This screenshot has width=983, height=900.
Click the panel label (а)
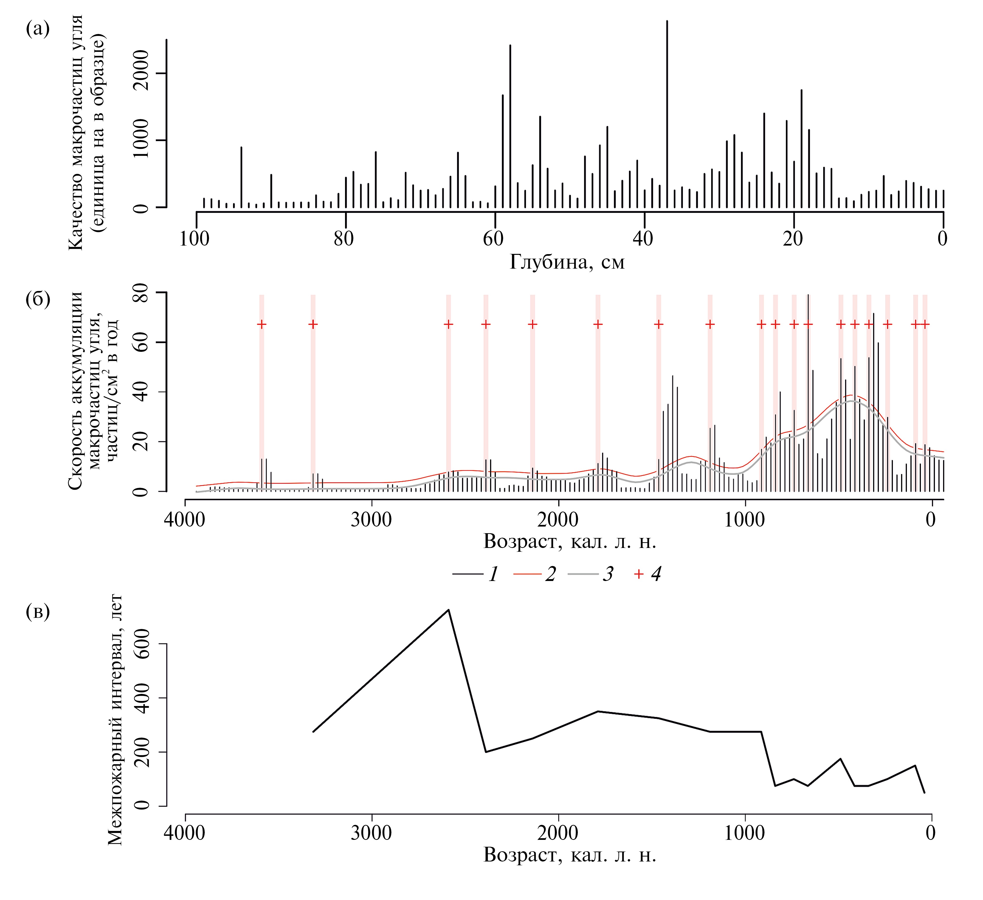click(38, 29)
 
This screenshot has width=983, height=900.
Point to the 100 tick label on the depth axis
click(195, 239)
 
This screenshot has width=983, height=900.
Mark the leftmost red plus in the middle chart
click(262, 324)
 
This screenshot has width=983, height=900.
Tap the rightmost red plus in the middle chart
click(925, 324)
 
